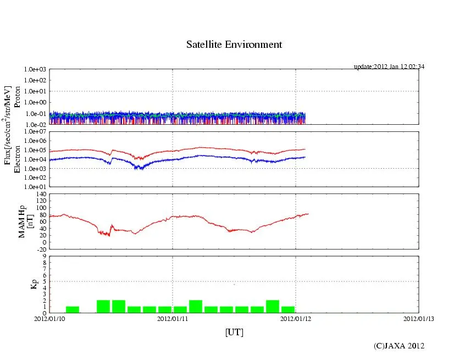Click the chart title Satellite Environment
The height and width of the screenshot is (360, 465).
[x=234, y=45]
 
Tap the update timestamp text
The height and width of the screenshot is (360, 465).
[x=389, y=67]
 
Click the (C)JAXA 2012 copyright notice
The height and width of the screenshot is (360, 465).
[x=399, y=345]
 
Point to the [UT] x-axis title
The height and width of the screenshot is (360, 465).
[x=234, y=332]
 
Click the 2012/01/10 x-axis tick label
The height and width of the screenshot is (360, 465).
[x=49, y=318]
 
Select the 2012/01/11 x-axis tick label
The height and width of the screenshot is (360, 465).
[x=173, y=318]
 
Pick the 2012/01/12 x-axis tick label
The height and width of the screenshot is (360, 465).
[x=296, y=318]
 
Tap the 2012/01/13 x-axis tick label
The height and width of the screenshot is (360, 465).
[x=418, y=318]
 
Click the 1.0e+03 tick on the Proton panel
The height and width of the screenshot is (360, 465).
[x=35, y=70]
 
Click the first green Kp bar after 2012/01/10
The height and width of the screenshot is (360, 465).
[x=73, y=309]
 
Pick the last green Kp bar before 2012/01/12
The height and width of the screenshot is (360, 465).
[x=288, y=309]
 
